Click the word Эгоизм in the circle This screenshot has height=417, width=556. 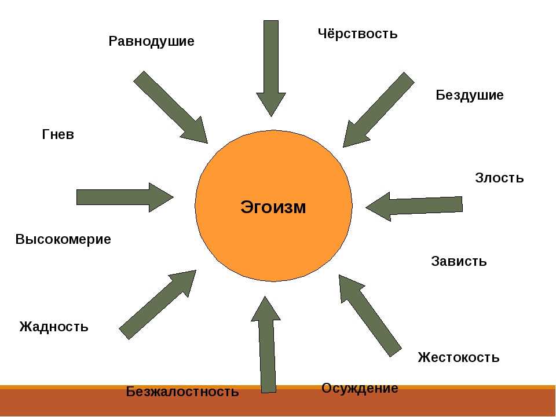pyautogui.click(x=273, y=207)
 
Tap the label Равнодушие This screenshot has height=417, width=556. pyautogui.click(x=151, y=42)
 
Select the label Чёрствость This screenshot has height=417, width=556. pyautogui.click(x=357, y=34)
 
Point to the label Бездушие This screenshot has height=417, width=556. pyautogui.click(x=470, y=95)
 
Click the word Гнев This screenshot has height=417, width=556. pyautogui.click(x=58, y=134)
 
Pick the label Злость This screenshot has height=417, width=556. pyautogui.click(x=499, y=177)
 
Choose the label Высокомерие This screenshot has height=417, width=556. pyautogui.click(x=63, y=239)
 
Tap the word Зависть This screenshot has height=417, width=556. pyautogui.click(x=459, y=261)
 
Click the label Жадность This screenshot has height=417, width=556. pyautogui.click(x=53, y=326)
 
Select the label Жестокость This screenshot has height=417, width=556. pyautogui.click(x=459, y=357)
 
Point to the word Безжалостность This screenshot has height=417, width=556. pyautogui.click(x=182, y=392)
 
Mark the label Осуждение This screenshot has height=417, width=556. pyautogui.click(x=360, y=389)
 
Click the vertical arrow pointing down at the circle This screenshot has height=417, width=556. pyautogui.click(x=271, y=68)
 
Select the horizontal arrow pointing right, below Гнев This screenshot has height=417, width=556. pyautogui.click(x=125, y=197)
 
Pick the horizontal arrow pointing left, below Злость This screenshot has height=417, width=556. pyautogui.click(x=414, y=207)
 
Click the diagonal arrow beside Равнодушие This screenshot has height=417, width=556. pyautogui.click(x=170, y=107)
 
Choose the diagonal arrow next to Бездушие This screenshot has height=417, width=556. pyautogui.click(x=378, y=109)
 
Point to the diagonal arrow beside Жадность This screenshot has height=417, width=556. pyautogui.click(x=158, y=305)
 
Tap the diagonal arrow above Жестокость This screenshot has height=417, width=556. pyautogui.click(x=370, y=316)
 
